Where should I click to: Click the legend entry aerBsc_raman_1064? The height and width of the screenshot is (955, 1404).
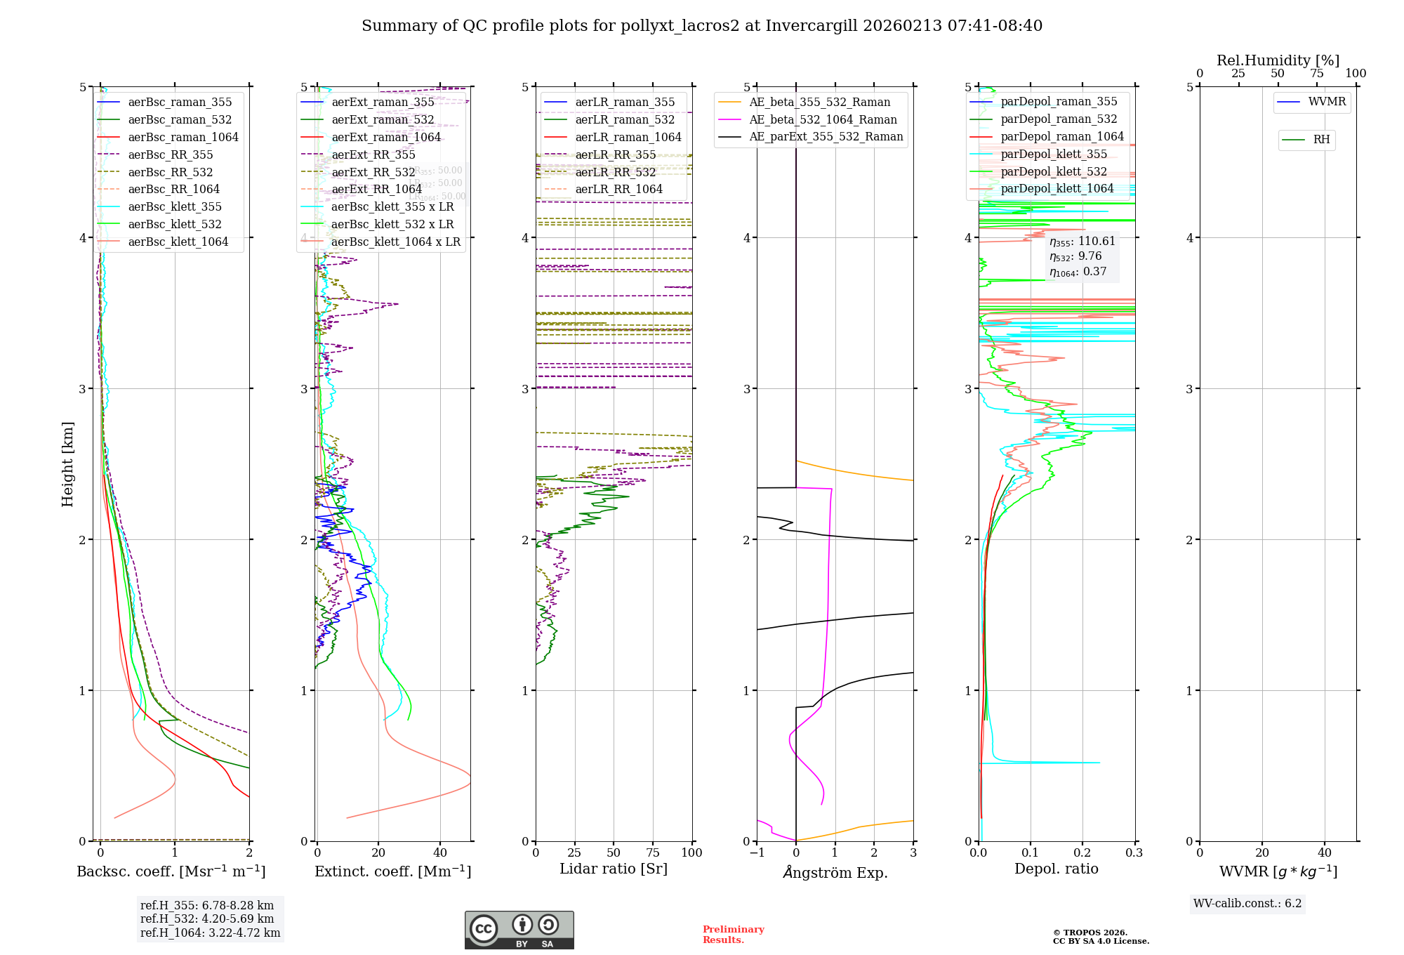[x=183, y=138]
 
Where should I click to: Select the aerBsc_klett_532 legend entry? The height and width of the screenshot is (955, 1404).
[x=174, y=225]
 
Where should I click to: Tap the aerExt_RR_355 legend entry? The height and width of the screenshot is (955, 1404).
[x=373, y=155]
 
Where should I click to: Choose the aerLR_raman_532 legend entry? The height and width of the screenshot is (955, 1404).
[x=624, y=120]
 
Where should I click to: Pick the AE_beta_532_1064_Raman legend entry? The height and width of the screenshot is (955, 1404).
[x=822, y=120]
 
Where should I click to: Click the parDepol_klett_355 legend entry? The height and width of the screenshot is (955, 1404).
[x=1053, y=154]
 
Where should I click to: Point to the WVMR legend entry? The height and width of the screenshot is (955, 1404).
[x=1326, y=103]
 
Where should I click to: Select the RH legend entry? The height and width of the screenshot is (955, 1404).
[x=1320, y=140]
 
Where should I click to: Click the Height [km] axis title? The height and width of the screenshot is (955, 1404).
[x=67, y=464]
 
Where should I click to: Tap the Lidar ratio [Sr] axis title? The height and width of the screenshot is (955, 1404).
[x=613, y=869]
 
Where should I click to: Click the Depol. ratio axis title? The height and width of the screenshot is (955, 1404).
[x=1056, y=869]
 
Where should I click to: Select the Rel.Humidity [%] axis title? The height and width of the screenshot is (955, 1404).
[x=1278, y=60]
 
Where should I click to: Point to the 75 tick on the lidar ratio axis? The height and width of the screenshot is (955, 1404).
[x=653, y=853]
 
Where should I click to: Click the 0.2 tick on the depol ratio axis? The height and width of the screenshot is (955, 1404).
[x=1082, y=853]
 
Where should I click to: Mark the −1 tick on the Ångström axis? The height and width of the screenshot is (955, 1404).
[x=757, y=853]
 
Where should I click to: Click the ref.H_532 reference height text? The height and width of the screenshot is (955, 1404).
[x=207, y=919]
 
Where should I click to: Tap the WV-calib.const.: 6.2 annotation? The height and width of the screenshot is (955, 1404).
[x=1247, y=904]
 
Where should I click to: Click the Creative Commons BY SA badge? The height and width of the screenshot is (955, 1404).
[x=519, y=930]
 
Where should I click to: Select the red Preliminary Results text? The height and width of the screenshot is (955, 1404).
[x=733, y=935]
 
